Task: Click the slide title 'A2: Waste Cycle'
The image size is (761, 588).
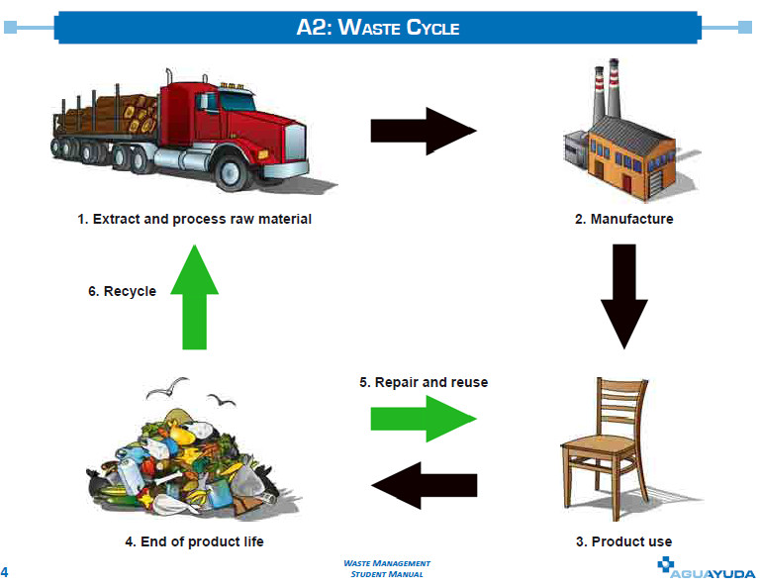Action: [x=378, y=27]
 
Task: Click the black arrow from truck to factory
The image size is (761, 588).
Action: [x=423, y=131]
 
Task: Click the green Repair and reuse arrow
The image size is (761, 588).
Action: [x=423, y=418]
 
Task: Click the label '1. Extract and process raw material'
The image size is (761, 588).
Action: [x=195, y=219]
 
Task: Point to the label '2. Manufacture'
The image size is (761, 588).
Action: [x=623, y=219]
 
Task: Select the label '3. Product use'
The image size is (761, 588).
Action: [x=623, y=541]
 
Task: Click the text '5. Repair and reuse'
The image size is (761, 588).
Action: [x=424, y=382]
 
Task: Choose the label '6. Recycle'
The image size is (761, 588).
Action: [x=122, y=291]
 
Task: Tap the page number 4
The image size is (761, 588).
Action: [x=5, y=572]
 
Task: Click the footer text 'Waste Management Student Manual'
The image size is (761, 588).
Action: [x=386, y=568]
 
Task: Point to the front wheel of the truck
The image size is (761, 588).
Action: [x=229, y=174]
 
